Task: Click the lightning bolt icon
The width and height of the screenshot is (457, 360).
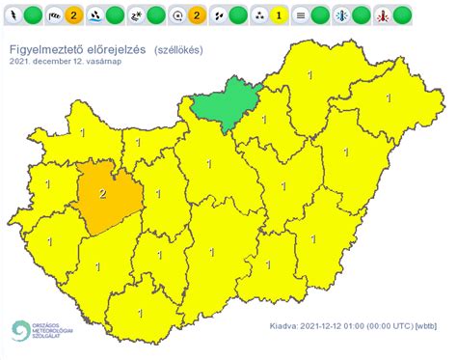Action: click(x=12, y=15)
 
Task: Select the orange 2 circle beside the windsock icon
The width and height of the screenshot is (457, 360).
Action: click(x=72, y=15)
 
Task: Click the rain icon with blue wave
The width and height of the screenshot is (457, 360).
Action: click(x=95, y=15)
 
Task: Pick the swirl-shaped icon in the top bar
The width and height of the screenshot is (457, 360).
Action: click(x=176, y=15)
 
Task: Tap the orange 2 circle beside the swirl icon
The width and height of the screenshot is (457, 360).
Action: click(x=196, y=15)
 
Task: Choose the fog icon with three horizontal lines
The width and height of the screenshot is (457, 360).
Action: click(x=301, y=15)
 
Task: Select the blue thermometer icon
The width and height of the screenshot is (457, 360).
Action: click(x=341, y=15)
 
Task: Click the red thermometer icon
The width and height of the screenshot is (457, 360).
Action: click(x=383, y=15)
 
